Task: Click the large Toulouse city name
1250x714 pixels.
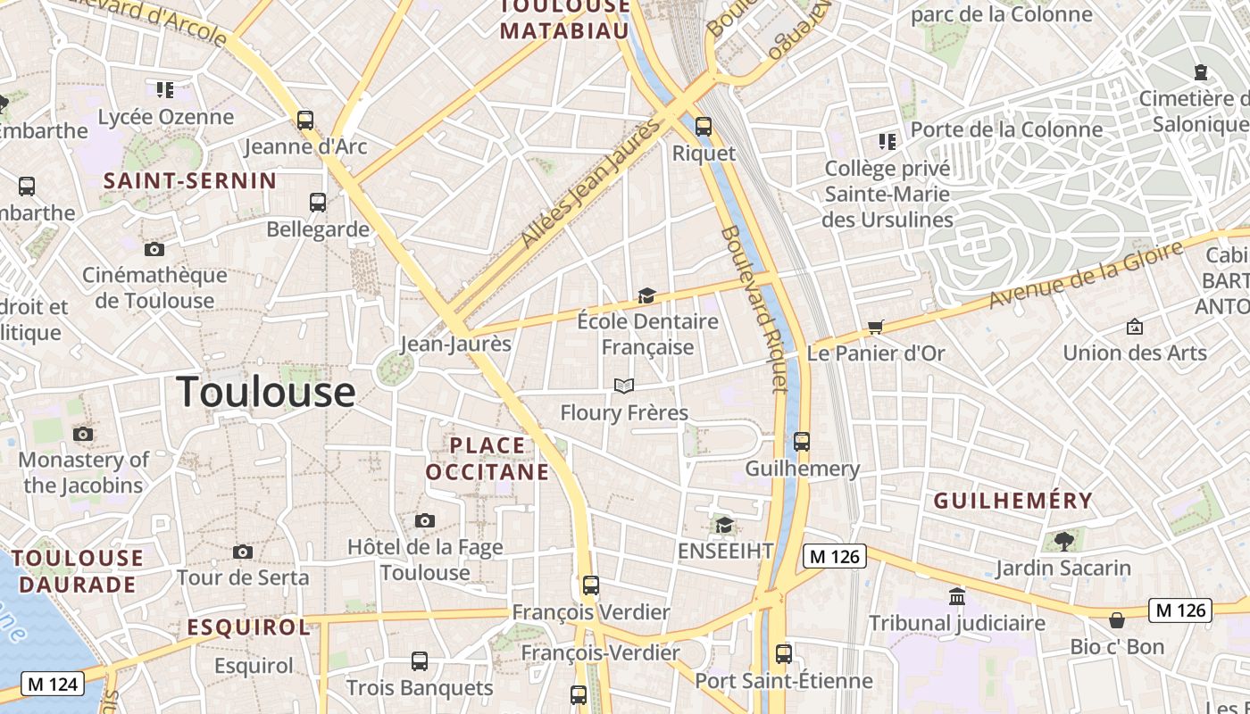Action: point(266,393)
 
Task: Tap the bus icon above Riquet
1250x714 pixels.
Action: point(704,127)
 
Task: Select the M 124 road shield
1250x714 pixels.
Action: point(53,685)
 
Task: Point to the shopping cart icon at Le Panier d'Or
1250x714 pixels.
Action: point(875,328)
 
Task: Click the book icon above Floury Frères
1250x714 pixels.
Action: point(624,386)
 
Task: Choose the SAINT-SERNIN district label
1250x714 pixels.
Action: point(190,181)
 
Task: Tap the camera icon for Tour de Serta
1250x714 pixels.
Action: point(242,552)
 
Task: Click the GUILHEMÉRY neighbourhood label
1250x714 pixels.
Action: point(1013,501)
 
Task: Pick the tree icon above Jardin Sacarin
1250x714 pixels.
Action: point(1063,541)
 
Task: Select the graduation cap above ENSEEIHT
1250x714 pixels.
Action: point(724,525)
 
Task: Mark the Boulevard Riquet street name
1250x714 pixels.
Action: point(754,308)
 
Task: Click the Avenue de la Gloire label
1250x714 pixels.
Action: point(1086,274)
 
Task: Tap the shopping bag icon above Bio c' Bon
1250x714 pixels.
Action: point(1116,620)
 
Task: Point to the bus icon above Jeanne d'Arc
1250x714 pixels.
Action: point(305,120)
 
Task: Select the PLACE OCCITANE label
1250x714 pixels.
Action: point(487,458)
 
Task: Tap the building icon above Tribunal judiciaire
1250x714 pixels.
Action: point(957,596)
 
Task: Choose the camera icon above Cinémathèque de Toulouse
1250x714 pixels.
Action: point(154,249)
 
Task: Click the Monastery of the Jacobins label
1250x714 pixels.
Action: point(84,473)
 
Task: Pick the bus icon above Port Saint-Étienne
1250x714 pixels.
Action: point(783,654)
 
